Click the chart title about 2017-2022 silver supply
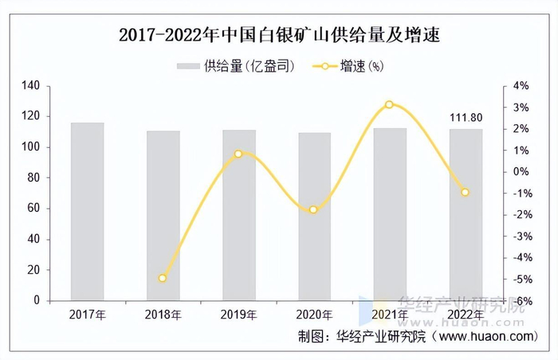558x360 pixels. (x=280, y=35)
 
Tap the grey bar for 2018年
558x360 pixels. (x=163, y=216)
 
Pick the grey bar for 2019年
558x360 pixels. (x=239, y=215)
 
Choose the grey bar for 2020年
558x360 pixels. (x=314, y=217)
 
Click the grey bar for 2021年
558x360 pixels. (x=390, y=214)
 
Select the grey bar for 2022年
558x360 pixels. (x=466, y=215)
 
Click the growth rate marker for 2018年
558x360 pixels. (x=163, y=278)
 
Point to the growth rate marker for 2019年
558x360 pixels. (x=238, y=154)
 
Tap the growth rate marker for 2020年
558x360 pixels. (x=314, y=209)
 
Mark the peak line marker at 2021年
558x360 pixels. (x=389, y=104)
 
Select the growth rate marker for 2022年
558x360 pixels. (x=466, y=192)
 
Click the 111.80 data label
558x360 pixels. (x=466, y=119)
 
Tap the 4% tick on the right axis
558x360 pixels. (x=521, y=85)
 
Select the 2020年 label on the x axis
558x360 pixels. (x=314, y=315)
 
